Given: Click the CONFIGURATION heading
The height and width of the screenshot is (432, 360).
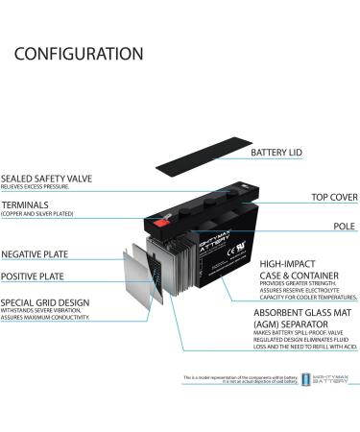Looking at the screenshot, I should tap(78, 54).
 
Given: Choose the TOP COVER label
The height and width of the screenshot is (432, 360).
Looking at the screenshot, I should tap(334, 197).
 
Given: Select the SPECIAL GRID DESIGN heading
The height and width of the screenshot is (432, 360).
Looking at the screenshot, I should tap(45, 302).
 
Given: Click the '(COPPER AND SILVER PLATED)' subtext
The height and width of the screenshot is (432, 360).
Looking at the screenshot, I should tap(40, 214).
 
